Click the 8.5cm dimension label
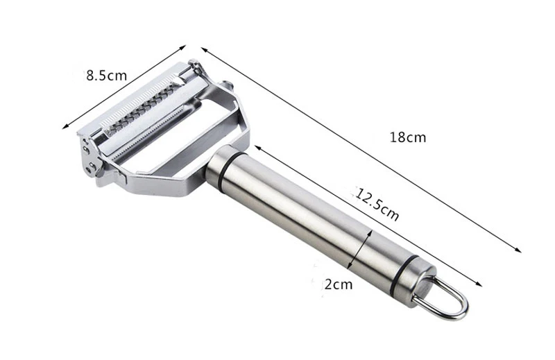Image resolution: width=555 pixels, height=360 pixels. coord(107,76)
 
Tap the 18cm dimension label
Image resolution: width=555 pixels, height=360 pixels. coord(408,137)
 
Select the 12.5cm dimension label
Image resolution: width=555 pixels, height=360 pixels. coord(377,204)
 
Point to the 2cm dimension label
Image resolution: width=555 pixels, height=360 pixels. coord(339,284)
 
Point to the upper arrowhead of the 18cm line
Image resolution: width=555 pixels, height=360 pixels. coord(204,49)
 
